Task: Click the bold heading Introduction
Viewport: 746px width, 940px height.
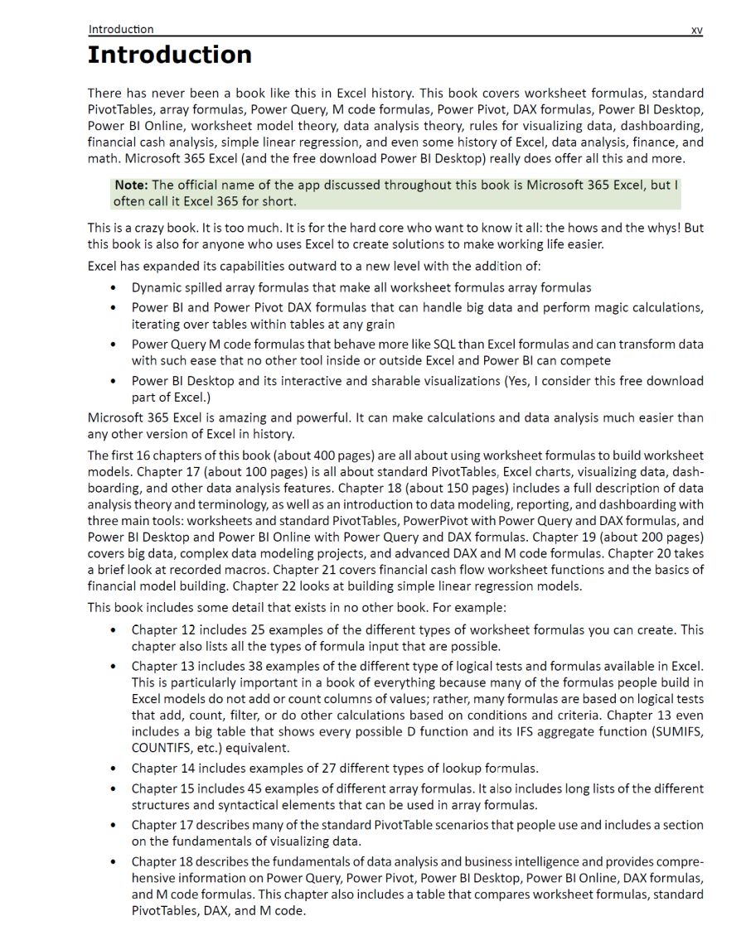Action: point(170,55)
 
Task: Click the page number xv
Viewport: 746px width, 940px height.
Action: point(696,30)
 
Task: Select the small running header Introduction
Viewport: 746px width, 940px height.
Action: point(121,29)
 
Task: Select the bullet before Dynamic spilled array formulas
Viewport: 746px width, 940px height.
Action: point(112,288)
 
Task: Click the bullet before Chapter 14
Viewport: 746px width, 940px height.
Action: point(112,769)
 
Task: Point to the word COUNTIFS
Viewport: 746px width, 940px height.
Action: point(162,748)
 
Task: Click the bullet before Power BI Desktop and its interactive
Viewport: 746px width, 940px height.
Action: point(112,382)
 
